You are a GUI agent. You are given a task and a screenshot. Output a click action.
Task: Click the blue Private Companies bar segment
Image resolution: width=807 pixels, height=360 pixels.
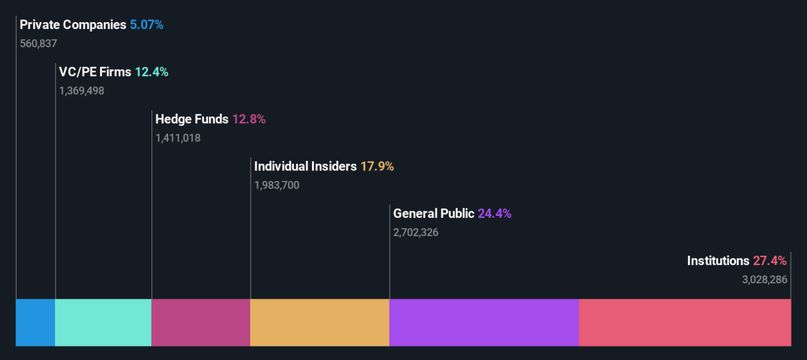tap(35, 322)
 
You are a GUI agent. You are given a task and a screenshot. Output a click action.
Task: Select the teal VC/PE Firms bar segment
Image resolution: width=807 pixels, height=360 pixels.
tap(104, 322)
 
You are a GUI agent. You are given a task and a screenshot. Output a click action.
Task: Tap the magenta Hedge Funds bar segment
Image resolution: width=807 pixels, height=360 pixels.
tap(201, 322)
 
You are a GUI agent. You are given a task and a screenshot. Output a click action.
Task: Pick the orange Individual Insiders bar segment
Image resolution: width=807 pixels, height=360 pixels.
tap(320, 322)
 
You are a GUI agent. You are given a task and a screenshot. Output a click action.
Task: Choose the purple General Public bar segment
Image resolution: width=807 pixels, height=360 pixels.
tap(484, 322)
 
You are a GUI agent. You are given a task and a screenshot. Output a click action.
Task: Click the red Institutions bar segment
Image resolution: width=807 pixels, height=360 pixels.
tap(685, 322)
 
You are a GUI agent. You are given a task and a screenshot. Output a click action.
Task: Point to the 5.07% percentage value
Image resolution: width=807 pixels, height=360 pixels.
tap(147, 25)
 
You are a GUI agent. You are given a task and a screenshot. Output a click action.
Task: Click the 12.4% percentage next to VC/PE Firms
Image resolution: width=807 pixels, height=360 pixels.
tap(152, 72)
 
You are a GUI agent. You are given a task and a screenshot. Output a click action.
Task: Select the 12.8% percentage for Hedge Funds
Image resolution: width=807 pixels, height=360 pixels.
tap(249, 119)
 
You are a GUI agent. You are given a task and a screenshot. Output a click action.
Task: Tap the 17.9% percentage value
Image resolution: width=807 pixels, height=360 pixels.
tap(377, 166)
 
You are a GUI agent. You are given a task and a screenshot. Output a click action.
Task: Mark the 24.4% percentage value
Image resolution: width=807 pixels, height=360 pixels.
tap(495, 214)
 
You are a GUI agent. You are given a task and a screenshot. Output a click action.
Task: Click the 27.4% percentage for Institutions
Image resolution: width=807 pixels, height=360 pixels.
tap(770, 261)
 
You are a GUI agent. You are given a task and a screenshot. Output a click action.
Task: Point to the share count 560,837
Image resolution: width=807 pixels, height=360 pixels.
tap(38, 44)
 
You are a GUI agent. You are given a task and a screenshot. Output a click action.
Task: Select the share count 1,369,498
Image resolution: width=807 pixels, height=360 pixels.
tap(82, 91)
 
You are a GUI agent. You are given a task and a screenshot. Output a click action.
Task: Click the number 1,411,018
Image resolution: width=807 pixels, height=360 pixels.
tap(178, 138)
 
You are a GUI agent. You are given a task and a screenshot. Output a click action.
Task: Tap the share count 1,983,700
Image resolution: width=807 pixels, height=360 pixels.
tap(276, 185)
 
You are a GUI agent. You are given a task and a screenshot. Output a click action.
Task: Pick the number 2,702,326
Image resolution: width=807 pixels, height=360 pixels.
tap(416, 232)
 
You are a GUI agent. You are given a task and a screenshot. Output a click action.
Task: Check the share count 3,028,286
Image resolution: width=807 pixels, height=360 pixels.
tap(765, 280)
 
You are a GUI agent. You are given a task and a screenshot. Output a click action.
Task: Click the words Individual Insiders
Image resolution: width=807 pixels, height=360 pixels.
tap(305, 166)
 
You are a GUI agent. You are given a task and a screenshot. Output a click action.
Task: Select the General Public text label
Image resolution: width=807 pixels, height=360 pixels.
tap(434, 214)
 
